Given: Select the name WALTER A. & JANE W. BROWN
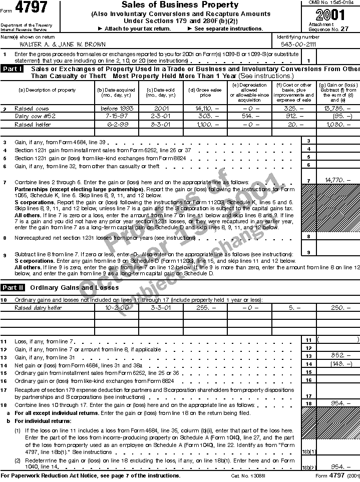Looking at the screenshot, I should coord(60,44).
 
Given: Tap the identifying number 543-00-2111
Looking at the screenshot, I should coord(298,44).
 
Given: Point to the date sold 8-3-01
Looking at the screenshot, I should coord(156,124).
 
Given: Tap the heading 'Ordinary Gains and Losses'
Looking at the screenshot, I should coord(74,288).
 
